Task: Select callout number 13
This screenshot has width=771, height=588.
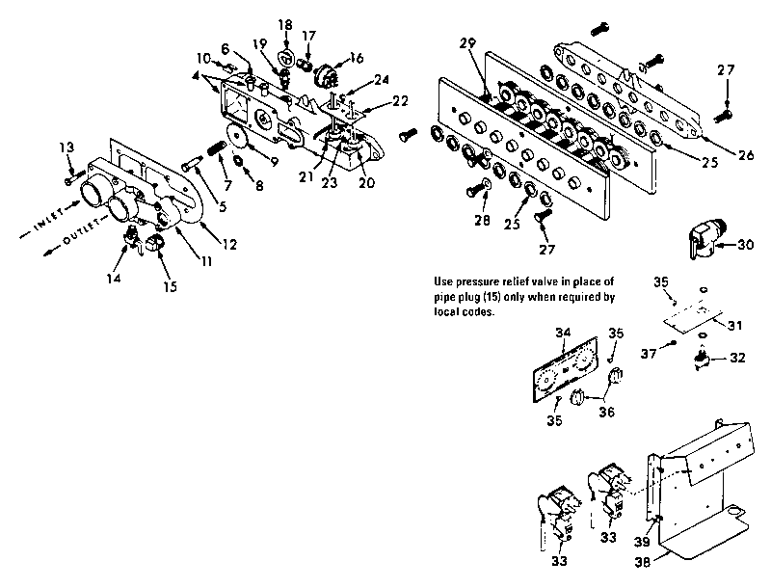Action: pos(66,147)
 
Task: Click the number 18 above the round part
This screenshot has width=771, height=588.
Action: pos(284,23)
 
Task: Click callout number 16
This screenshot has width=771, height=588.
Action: pos(356,58)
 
